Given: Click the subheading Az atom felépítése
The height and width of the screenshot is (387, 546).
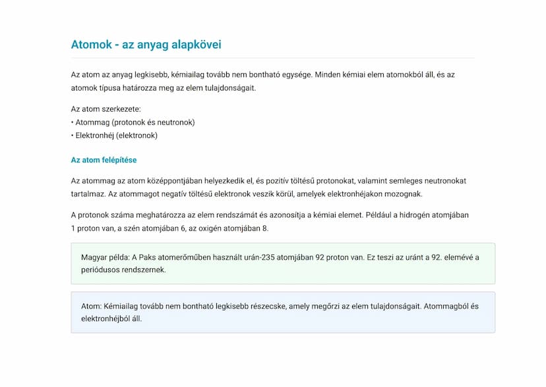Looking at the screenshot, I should tap(104, 160).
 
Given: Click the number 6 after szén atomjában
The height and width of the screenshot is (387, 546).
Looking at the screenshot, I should tap(165, 229).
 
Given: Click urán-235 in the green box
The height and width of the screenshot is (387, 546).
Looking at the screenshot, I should tap(257, 257).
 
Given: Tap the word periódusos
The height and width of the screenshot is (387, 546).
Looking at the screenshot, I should tap(100, 269).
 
